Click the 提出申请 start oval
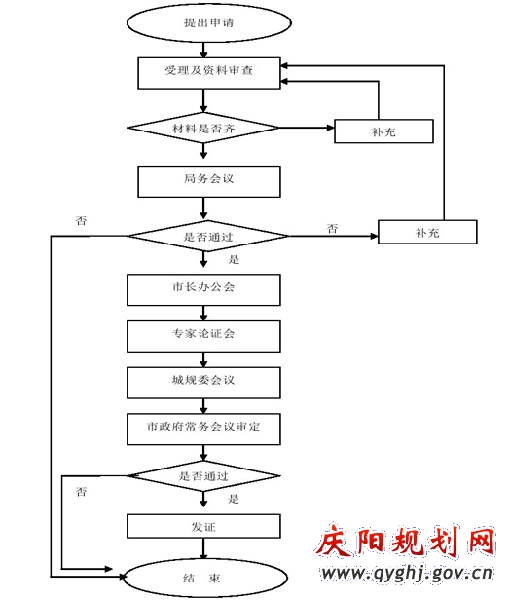click(x=208, y=23)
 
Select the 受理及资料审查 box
click(x=209, y=73)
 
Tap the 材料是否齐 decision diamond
click(x=203, y=128)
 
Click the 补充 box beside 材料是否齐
click(x=383, y=131)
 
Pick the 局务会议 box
click(x=209, y=182)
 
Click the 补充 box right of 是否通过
click(x=427, y=232)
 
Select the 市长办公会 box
click(x=203, y=289)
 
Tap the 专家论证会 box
click(x=203, y=336)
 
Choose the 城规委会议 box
click(x=203, y=383)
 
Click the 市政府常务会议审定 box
click(x=203, y=429)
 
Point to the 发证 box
click(x=203, y=527)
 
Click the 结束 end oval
click(x=204, y=578)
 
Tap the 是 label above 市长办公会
click(x=234, y=260)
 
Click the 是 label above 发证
click(x=234, y=499)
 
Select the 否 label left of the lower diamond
click(x=81, y=491)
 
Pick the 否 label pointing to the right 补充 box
click(x=332, y=229)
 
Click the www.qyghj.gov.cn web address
click(x=407, y=574)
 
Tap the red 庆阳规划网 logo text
click(x=406, y=542)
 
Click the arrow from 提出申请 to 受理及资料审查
click(x=203, y=50)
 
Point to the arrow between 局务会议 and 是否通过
click(x=203, y=208)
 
